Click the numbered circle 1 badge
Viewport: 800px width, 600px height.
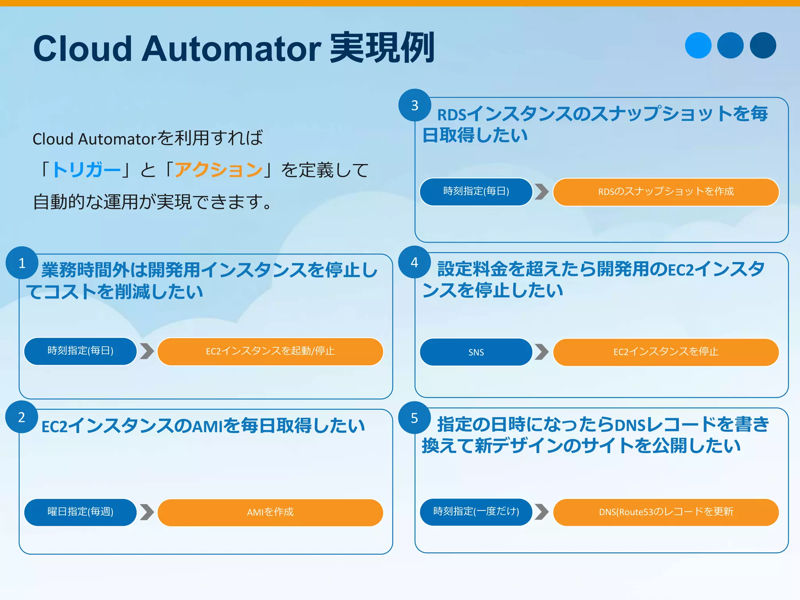[x=22, y=263]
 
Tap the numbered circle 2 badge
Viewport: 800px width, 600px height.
[x=22, y=417]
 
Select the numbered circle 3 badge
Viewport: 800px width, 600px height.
[x=415, y=105]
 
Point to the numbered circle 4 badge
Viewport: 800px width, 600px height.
[x=414, y=262]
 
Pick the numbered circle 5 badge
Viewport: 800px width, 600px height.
[x=414, y=418]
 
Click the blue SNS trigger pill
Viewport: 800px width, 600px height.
[x=476, y=352]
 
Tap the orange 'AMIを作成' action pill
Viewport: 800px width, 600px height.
[x=270, y=512]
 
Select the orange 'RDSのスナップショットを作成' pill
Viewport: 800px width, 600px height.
[x=666, y=192]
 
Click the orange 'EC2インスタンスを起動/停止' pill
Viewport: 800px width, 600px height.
[x=270, y=351]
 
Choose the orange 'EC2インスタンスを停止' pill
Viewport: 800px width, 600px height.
[x=666, y=352]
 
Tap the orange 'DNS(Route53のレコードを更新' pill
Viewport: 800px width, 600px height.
[x=666, y=512]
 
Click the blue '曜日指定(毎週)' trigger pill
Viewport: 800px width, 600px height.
[x=80, y=512]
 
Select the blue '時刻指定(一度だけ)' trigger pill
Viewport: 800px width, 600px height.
[x=476, y=512]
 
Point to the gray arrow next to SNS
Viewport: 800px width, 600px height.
[x=541, y=352]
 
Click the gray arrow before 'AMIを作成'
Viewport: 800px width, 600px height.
[x=146, y=512]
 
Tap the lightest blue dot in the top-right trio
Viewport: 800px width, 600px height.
[x=698, y=45]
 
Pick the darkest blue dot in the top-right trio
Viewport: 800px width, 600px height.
[x=763, y=45]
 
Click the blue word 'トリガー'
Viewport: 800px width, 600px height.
[x=86, y=170]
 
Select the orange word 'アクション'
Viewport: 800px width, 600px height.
[x=218, y=170]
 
